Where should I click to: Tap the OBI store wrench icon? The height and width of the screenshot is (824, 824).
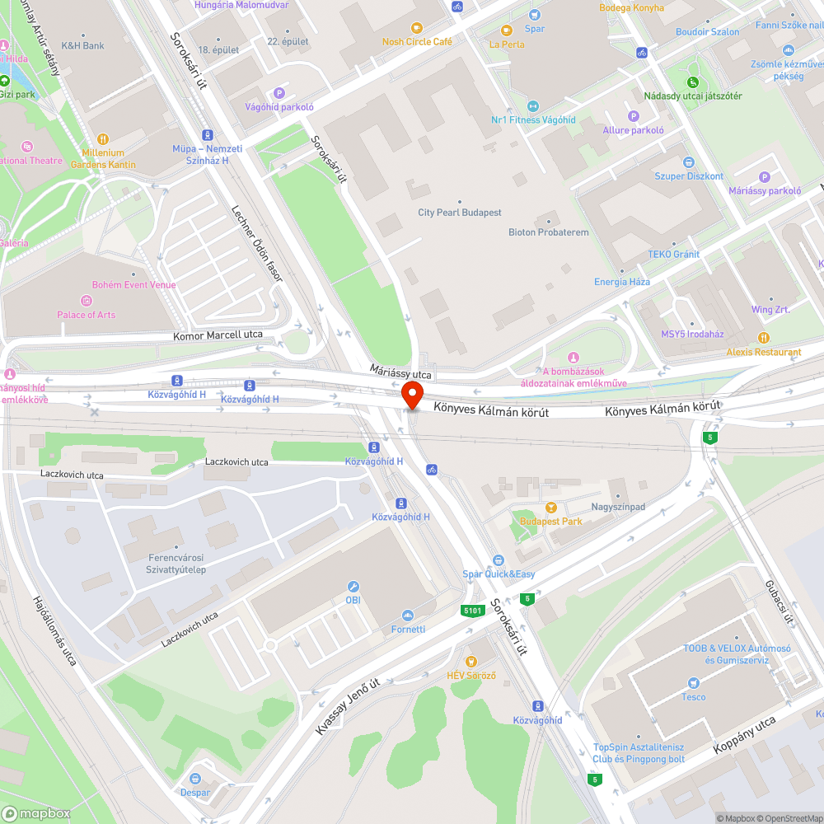coord(353,587)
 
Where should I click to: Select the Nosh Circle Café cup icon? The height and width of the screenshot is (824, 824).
coord(415,28)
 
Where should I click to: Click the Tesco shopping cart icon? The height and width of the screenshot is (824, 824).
coord(693,682)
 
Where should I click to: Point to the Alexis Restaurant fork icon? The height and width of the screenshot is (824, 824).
coord(764,337)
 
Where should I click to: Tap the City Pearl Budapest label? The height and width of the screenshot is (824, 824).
coord(459,213)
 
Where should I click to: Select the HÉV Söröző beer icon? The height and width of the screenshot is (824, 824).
coord(471,661)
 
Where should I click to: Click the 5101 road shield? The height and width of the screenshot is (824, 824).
coord(471,611)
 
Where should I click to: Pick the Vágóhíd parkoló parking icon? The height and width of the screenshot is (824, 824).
coord(279,93)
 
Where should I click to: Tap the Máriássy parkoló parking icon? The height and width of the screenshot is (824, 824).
coord(764,177)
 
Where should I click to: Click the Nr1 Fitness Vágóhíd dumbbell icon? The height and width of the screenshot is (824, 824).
coord(532,105)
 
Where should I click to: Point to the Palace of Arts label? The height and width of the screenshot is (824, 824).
coord(86,315)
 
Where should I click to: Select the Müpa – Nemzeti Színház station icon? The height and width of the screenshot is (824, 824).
coord(207,134)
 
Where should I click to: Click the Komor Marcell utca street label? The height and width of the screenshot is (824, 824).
coord(218,335)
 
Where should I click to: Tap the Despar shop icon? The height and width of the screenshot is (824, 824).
coord(195,778)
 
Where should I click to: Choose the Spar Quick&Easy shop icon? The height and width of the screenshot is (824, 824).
coord(498,560)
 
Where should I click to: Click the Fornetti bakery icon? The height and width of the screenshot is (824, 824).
coord(407,616)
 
